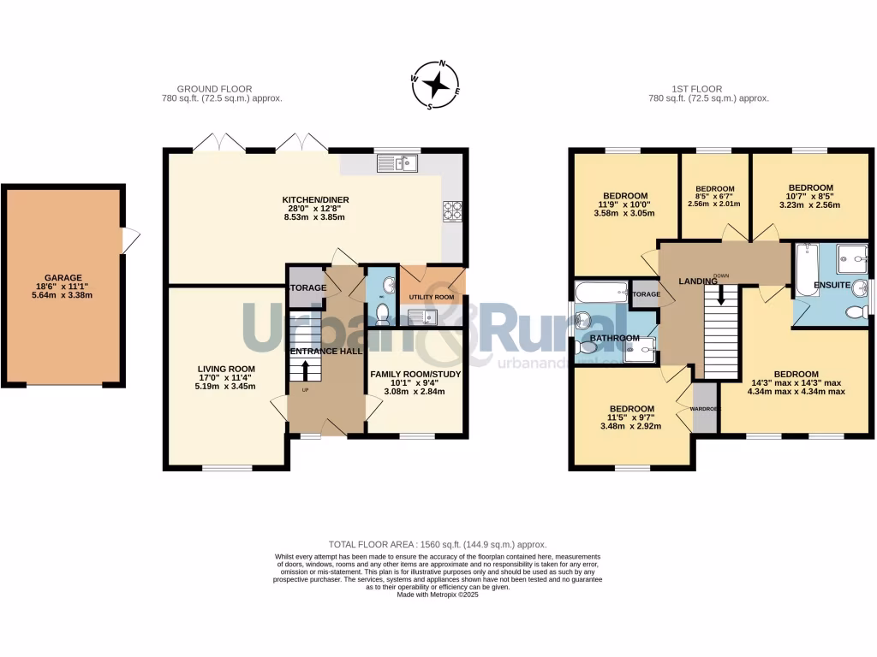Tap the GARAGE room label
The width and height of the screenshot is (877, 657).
[x=63, y=278]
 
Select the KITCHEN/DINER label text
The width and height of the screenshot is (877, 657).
[x=316, y=200]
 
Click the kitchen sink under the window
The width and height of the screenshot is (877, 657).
[x=396, y=162]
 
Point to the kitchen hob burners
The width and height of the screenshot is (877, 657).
[x=450, y=210]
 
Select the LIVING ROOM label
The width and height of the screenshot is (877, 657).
[x=226, y=369]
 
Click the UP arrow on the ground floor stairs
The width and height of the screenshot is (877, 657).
[x=305, y=370]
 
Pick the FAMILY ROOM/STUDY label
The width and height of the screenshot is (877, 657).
[x=417, y=374]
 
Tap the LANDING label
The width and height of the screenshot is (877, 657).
[x=697, y=281]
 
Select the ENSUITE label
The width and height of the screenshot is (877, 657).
[x=831, y=284]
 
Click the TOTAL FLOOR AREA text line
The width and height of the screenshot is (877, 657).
[x=438, y=544]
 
